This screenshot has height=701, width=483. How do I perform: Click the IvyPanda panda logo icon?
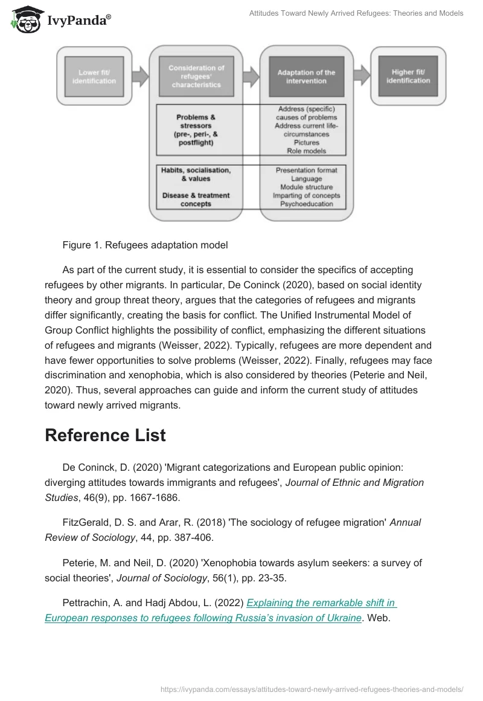point(24,19)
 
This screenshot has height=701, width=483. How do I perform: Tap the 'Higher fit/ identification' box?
point(408,76)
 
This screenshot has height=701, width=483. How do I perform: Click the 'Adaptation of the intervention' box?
point(306,77)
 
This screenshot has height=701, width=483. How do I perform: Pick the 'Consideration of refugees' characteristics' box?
point(196,77)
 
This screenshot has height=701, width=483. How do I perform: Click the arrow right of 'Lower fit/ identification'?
point(140,76)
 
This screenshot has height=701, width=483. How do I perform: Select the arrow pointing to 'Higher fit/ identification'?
point(362,75)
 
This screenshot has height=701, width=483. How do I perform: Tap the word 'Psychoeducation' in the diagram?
point(306,204)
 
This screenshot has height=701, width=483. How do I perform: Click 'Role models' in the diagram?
point(306,150)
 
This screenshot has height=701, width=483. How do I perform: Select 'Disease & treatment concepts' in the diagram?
point(196,199)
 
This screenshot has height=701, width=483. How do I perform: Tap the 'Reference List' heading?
point(105,435)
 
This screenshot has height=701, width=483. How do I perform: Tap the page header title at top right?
point(356,13)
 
